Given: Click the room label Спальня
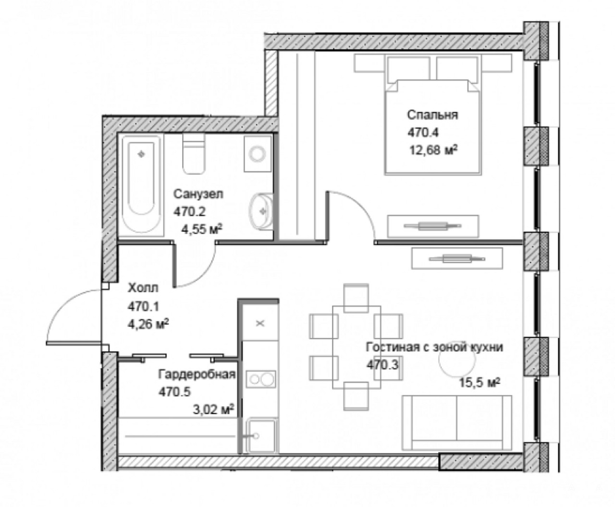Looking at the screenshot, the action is tap(432, 115).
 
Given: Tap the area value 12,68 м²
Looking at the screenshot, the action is tap(433, 150).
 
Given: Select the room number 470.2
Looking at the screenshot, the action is tap(189, 212).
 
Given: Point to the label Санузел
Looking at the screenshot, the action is tap(198, 194).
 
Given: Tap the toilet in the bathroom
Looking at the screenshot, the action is tap(194, 153).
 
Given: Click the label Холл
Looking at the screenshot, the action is tap(143, 288).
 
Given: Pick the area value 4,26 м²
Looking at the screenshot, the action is tap(148, 324).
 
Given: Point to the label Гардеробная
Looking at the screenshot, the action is tap(197, 374).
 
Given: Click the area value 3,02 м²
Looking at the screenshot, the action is tap(213, 409).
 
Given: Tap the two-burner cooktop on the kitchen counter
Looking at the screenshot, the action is tap(261, 379).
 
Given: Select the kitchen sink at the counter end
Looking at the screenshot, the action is tap(261, 436).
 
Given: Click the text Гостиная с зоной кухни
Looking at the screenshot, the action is tap(434, 347).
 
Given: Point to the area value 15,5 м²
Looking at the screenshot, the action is tap(480, 382).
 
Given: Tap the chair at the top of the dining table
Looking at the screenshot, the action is tap(357, 298).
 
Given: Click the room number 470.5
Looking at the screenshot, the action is tap(175, 392).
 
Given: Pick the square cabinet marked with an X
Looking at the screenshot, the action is tap(260, 323).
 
